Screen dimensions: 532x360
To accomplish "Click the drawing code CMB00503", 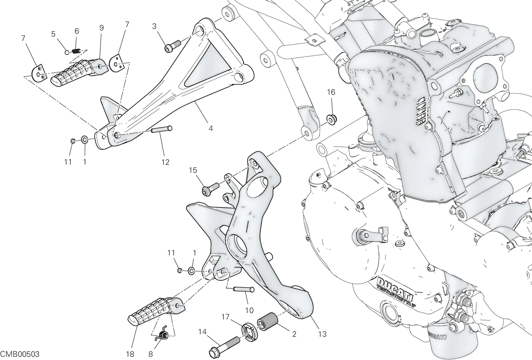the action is coord(20,354).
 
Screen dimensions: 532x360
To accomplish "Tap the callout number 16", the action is coord(331,92).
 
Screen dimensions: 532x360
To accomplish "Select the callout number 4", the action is coord(211,128).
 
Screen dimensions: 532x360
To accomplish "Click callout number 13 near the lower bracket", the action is coord(322,334).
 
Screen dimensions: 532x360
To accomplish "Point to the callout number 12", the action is coord(165,162).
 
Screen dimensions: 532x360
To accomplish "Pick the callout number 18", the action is coord(130,354).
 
